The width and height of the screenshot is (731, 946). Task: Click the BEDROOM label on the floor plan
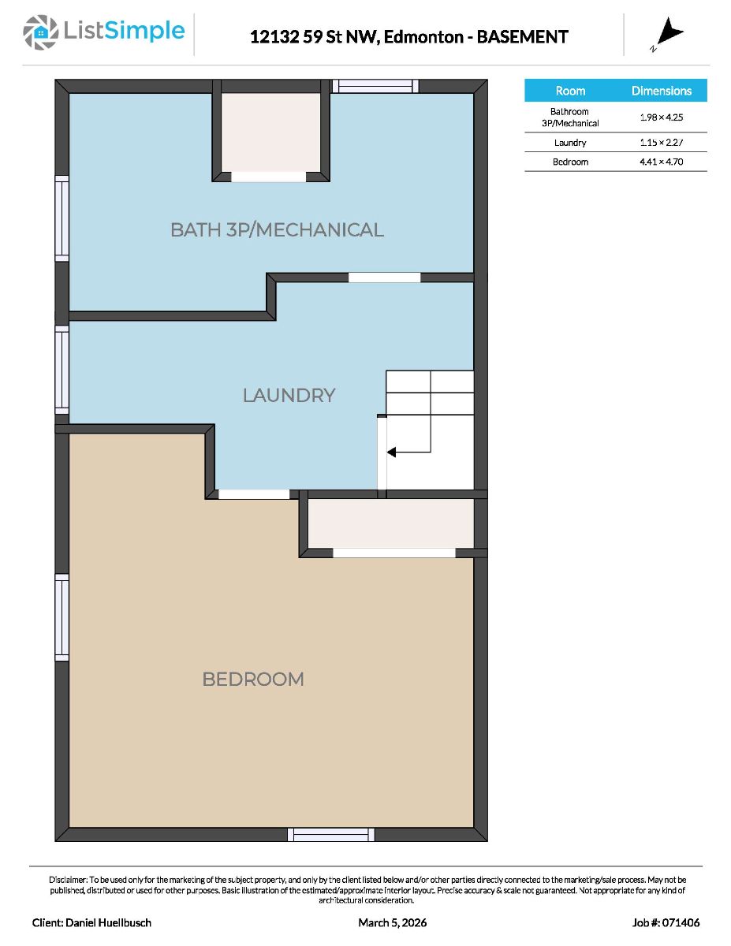(x=253, y=679)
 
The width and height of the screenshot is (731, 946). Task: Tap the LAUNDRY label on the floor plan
(x=289, y=395)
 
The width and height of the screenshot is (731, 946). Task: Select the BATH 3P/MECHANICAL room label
(x=277, y=230)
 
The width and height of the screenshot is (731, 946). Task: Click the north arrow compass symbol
(x=669, y=32)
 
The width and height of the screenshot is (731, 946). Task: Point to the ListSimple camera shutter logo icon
(x=40, y=32)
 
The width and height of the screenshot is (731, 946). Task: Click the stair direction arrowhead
(x=391, y=453)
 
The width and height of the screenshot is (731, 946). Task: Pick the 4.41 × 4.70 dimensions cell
(x=661, y=162)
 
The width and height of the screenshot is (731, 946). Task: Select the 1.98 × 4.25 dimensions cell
(x=661, y=117)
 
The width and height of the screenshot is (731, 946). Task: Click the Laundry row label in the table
(x=570, y=143)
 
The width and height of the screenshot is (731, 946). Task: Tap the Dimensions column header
(x=662, y=91)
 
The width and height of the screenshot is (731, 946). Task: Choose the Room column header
(x=570, y=91)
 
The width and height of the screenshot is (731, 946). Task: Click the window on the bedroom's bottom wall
(x=330, y=834)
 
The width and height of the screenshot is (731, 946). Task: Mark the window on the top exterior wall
(x=375, y=86)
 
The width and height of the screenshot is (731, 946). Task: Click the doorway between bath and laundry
(x=385, y=277)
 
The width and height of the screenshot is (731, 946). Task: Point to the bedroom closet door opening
(x=394, y=553)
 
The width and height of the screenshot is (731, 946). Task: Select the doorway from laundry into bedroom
(x=254, y=494)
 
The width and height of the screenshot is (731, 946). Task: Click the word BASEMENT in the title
(x=523, y=37)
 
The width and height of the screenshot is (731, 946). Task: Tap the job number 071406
(x=681, y=922)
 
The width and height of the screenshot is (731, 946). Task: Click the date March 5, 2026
(x=392, y=922)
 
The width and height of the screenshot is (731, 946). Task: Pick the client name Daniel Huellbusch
(x=108, y=922)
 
